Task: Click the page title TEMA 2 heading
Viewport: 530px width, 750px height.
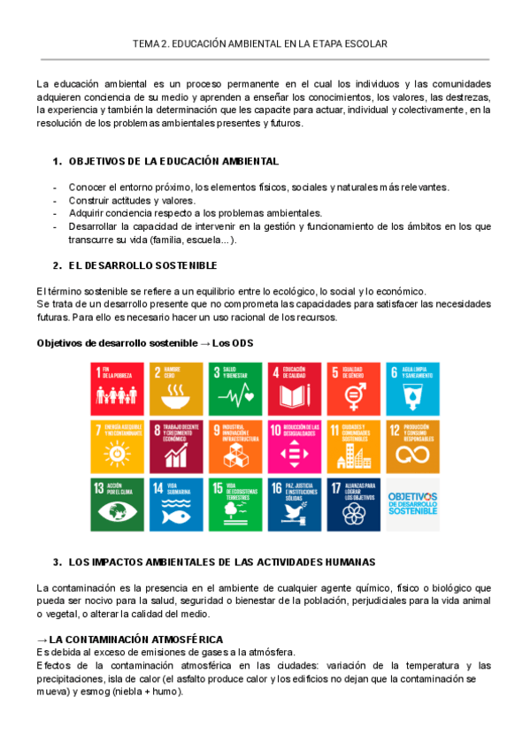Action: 259,43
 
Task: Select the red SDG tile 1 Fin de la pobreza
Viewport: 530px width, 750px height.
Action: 117,387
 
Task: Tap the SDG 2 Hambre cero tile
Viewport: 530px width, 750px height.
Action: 176,387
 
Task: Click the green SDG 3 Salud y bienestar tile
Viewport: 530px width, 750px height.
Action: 236,387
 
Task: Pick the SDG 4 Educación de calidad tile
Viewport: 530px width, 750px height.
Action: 295,387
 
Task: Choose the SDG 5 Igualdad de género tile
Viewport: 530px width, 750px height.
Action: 354,387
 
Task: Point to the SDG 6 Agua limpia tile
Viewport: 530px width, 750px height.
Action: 413,387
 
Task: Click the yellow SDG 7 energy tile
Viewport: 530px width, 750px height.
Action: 117,446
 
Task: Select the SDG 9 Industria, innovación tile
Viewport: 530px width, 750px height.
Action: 236,446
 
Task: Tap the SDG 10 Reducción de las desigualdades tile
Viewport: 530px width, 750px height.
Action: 295,446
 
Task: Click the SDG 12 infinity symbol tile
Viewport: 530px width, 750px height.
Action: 413,446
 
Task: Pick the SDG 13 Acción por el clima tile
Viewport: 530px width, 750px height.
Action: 117,504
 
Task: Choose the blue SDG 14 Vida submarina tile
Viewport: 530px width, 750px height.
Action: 176,504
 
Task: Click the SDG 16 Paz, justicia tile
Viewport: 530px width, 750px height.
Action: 295,504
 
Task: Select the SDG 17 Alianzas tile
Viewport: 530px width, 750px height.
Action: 354,504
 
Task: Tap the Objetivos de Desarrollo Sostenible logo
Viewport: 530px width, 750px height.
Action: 413,504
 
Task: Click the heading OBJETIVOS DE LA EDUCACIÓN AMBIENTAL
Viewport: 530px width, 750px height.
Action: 173,162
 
